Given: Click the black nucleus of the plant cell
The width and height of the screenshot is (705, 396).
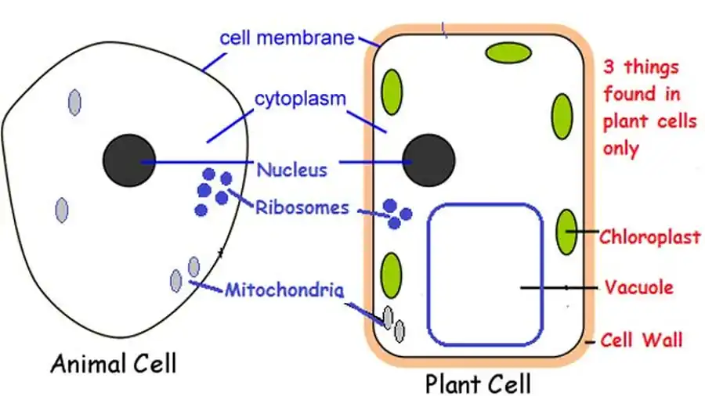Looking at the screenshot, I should tap(428, 160).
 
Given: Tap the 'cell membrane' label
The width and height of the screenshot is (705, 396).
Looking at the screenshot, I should tap(287, 38).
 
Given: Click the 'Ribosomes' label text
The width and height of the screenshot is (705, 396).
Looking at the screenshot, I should tap(302, 207).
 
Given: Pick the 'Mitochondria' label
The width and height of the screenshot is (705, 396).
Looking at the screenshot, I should tap(284, 290).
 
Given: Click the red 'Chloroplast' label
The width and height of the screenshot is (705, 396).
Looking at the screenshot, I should tap(649, 236).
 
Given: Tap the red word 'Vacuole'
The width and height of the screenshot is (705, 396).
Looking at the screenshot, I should tap(639, 287).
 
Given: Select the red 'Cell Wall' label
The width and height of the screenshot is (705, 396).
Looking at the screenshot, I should tap(642, 340).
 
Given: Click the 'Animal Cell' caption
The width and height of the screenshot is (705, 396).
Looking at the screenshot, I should tap(114, 363).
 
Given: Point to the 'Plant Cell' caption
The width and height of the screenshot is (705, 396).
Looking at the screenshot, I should tap(478, 383).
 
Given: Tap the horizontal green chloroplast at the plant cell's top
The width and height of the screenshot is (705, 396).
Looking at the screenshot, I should tap(508, 52).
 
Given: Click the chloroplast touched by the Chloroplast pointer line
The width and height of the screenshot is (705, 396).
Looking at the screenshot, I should tap(566, 232).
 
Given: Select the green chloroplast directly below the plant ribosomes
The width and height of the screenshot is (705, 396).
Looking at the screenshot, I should tap(391, 275).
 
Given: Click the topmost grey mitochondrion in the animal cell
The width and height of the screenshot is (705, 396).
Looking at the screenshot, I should tap(74, 102).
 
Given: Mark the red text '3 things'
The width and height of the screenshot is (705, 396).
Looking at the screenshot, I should tap(642, 67).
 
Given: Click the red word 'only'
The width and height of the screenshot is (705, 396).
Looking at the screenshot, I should tap(622, 147).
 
